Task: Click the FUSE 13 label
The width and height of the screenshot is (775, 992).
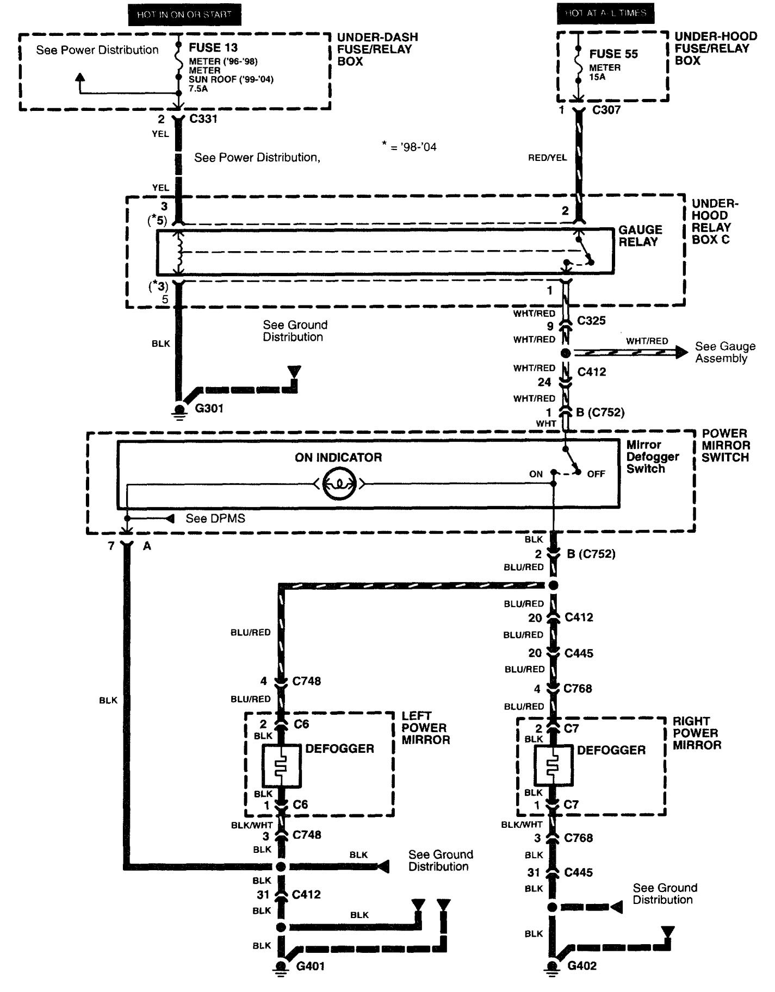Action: (213, 48)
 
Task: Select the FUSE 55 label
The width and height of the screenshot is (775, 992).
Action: (613, 54)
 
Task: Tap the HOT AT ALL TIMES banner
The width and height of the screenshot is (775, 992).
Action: (605, 13)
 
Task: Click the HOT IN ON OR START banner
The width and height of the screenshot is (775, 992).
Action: (184, 15)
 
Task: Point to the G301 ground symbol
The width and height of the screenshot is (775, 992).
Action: (179, 410)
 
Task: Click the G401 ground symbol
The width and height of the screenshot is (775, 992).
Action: (281, 966)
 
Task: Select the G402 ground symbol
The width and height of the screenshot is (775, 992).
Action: (553, 966)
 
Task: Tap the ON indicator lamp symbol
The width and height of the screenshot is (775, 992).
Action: (338, 483)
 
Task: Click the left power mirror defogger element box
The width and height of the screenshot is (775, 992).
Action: (281, 766)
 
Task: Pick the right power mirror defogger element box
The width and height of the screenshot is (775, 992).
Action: (553, 766)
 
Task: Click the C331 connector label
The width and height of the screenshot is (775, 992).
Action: (203, 119)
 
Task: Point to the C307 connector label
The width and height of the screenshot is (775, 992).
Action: (606, 110)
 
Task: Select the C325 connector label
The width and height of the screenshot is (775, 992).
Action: (591, 321)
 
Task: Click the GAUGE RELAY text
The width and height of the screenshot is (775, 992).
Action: (640, 236)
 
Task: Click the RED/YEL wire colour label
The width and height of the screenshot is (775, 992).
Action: (547, 158)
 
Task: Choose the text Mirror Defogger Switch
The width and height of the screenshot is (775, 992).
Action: (652, 457)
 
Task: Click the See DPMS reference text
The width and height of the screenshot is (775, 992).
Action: (215, 519)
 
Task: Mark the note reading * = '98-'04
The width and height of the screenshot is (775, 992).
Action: (410, 147)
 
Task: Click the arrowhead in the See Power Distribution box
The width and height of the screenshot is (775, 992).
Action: (80, 77)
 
